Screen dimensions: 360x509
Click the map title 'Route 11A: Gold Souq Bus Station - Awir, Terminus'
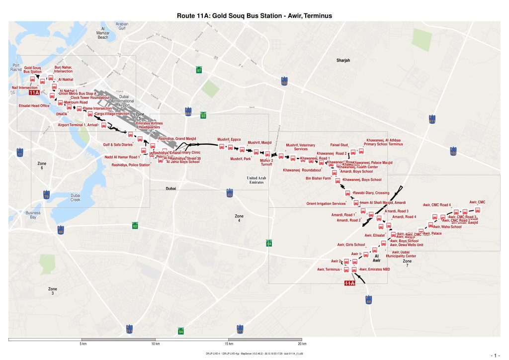(254, 16)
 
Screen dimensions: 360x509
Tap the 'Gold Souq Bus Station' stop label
(33, 70)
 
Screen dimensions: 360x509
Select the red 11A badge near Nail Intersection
(34, 93)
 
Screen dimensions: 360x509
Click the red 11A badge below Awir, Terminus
(350, 283)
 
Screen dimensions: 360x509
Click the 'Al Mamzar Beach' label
(103, 33)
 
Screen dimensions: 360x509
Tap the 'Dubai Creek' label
(75, 197)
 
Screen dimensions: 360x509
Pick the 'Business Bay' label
(33, 215)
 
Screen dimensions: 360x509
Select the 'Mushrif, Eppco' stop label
(229, 140)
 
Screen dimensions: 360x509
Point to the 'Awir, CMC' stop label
(477, 202)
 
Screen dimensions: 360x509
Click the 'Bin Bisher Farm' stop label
(318, 178)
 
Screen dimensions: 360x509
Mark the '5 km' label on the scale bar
(84, 344)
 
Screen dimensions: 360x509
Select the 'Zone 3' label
(53, 291)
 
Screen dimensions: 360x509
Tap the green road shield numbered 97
(199, 71)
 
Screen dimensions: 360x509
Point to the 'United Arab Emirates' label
(256, 180)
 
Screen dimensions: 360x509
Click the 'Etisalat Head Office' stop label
(34, 106)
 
